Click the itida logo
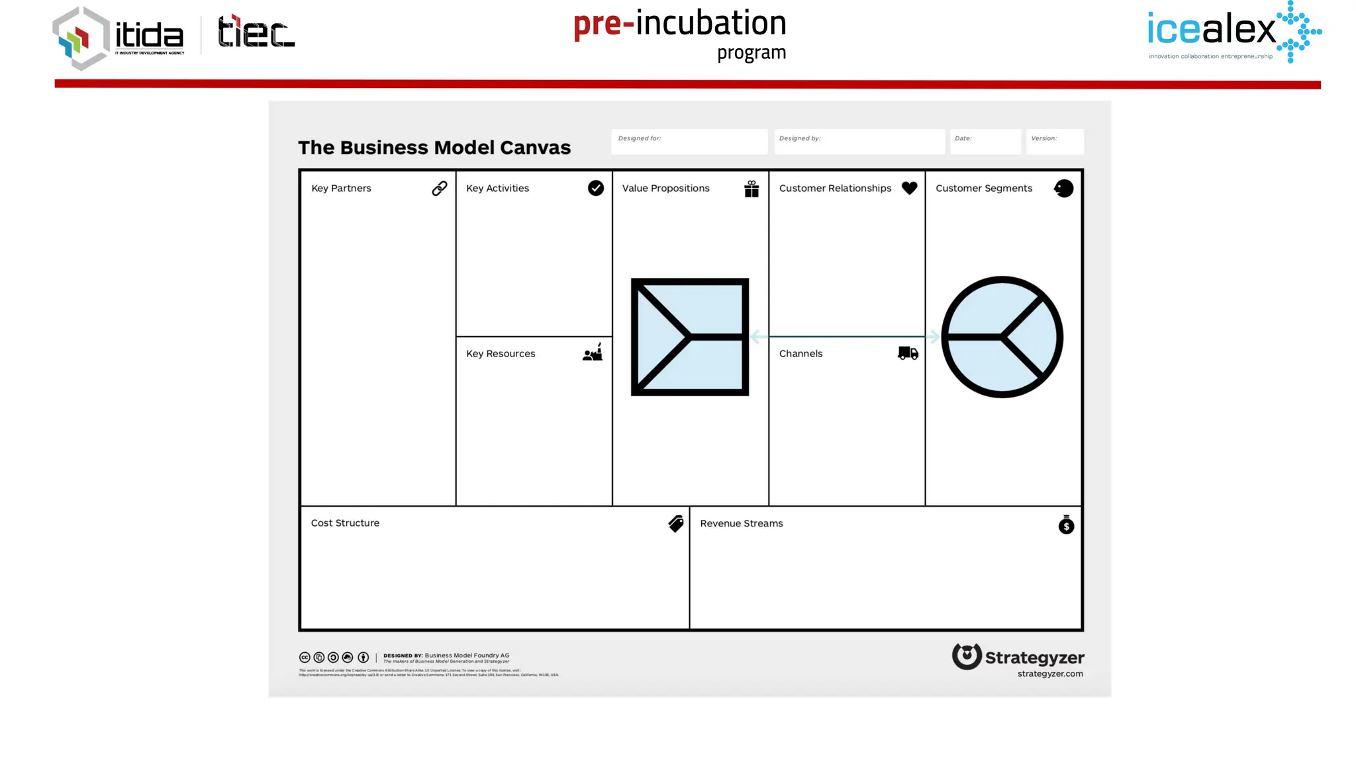[118, 38]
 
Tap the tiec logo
[256, 32]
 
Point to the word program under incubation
[751, 53]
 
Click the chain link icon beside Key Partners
[440, 189]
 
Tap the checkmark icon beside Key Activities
[596, 189]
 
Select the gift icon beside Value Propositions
[751, 189]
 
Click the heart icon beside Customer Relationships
[910, 188]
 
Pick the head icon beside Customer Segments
[1064, 189]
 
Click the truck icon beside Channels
[908, 353]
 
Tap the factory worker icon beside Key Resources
[593, 353]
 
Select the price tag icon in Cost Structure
[676, 524]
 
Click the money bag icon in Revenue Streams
[1066, 525]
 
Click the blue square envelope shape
[690, 337]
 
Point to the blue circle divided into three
[1002, 337]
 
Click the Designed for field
[689, 142]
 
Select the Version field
[1055, 142]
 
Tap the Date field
[985, 142]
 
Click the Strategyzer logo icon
[967, 656]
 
